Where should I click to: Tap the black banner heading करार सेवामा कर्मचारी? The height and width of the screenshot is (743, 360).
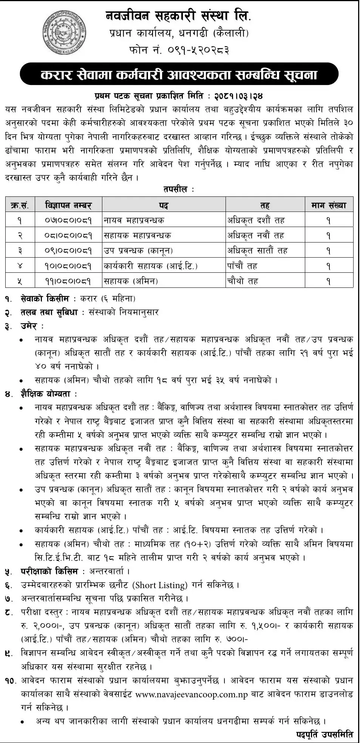tap(179, 74)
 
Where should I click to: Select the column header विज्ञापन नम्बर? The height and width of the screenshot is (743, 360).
tap(68, 205)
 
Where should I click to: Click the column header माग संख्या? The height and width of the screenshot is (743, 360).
tap(329, 205)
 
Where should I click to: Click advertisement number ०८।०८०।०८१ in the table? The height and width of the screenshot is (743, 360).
tap(68, 236)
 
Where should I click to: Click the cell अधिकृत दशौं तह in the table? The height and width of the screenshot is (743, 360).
tap(256, 220)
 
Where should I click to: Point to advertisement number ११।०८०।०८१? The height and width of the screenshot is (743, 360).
tap(68, 281)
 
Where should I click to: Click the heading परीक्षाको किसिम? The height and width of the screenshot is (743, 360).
tap(49, 571)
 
